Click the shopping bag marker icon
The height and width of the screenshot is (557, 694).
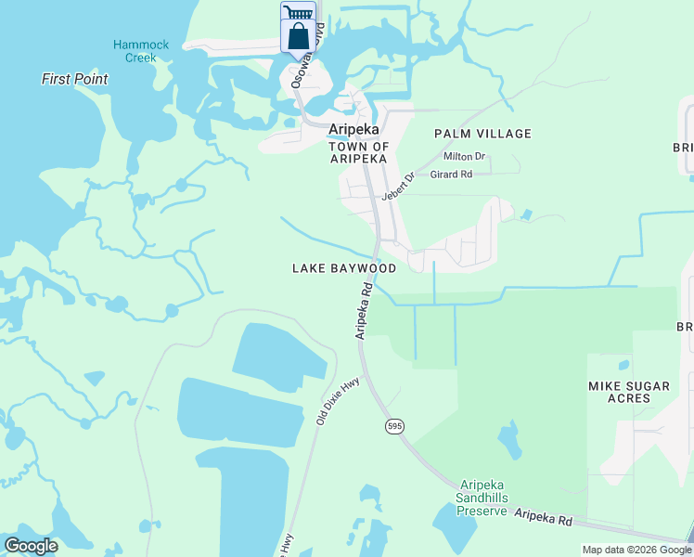point(298,37)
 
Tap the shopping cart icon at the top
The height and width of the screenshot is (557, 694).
point(298,12)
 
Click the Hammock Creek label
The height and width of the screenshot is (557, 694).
point(135,51)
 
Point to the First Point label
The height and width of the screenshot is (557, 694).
point(74,79)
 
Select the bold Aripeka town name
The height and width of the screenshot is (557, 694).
point(354,130)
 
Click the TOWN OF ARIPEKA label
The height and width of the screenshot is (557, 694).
point(358,153)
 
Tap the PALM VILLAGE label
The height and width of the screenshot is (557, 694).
point(482,134)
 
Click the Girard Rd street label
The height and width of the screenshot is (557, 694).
point(452,174)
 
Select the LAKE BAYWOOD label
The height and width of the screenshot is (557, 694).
point(344,268)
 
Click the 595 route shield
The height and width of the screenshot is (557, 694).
point(394,425)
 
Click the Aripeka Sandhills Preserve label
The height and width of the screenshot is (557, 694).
point(483,498)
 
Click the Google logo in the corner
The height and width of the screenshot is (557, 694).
point(31,546)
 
